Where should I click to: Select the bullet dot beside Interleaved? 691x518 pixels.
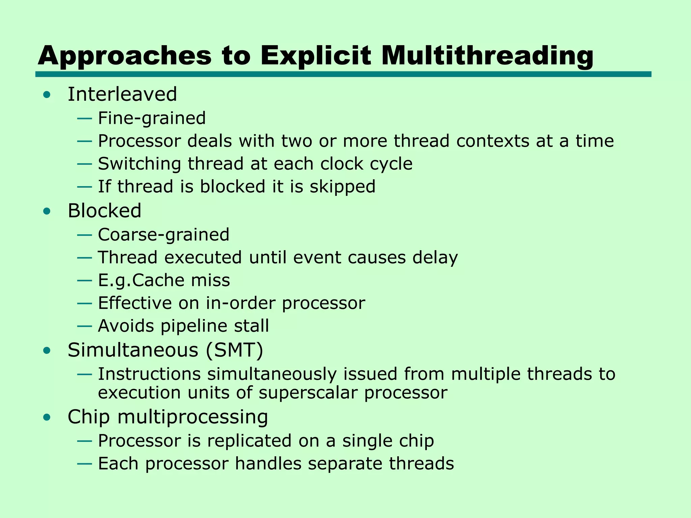point(47,94)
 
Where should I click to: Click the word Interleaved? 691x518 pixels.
point(122,94)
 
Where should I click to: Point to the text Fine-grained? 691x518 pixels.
point(152,118)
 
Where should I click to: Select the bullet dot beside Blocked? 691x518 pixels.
point(47,211)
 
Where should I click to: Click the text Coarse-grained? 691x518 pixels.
point(164,235)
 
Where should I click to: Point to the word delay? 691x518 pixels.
point(435,258)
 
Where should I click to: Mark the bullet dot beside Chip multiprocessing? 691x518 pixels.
point(47,418)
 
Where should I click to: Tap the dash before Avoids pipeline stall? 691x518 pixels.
point(84,326)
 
